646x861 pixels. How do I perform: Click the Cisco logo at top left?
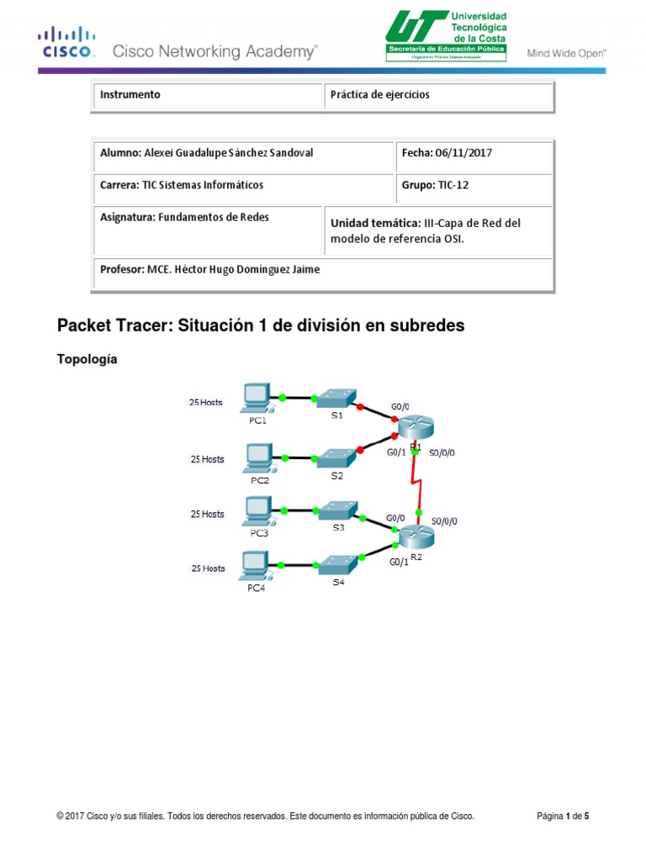tap(66, 41)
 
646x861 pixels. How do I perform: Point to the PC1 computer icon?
tap(256, 396)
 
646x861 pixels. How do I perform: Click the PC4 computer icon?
tap(255, 565)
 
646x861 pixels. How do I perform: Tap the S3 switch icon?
tap(336, 511)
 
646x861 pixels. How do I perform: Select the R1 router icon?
tap(414, 428)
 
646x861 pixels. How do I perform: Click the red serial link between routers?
tap(415, 483)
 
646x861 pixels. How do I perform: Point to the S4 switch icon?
tap(336, 564)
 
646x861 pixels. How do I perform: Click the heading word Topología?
tap(87, 359)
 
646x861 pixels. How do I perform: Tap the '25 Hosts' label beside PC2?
tap(207, 459)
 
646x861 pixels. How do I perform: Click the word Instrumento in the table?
tap(130, 95)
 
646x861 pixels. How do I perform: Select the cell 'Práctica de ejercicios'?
tap(379, 95)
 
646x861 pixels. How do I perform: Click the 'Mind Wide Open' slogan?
tap(566, 52)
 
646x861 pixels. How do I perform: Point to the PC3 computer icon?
tap(256, 510)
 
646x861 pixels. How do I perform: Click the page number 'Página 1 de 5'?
tap(563, 816)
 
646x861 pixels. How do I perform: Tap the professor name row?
tap(209, 270)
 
